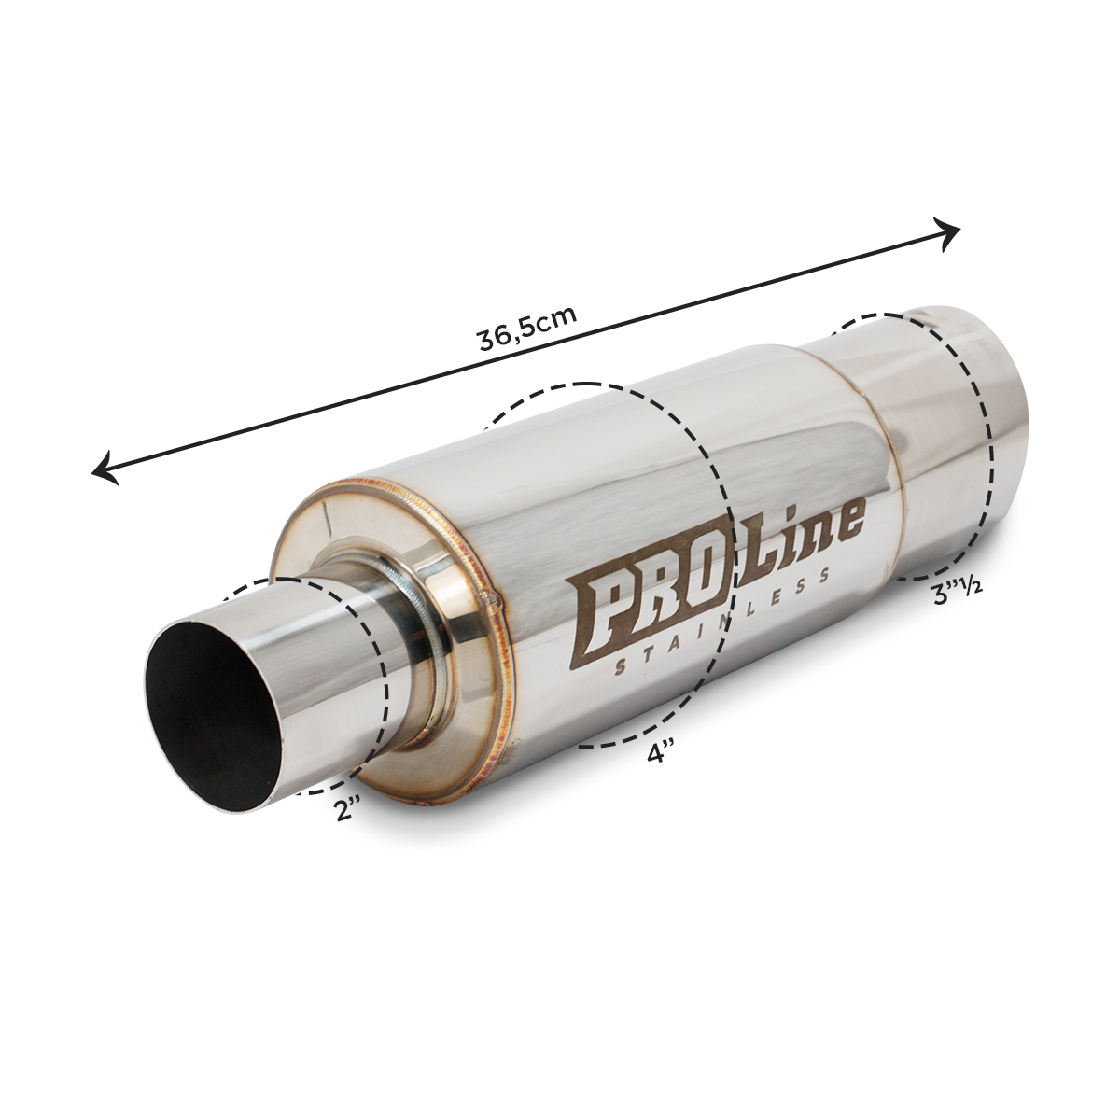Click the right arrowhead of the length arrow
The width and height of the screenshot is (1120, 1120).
pos(946,233)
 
